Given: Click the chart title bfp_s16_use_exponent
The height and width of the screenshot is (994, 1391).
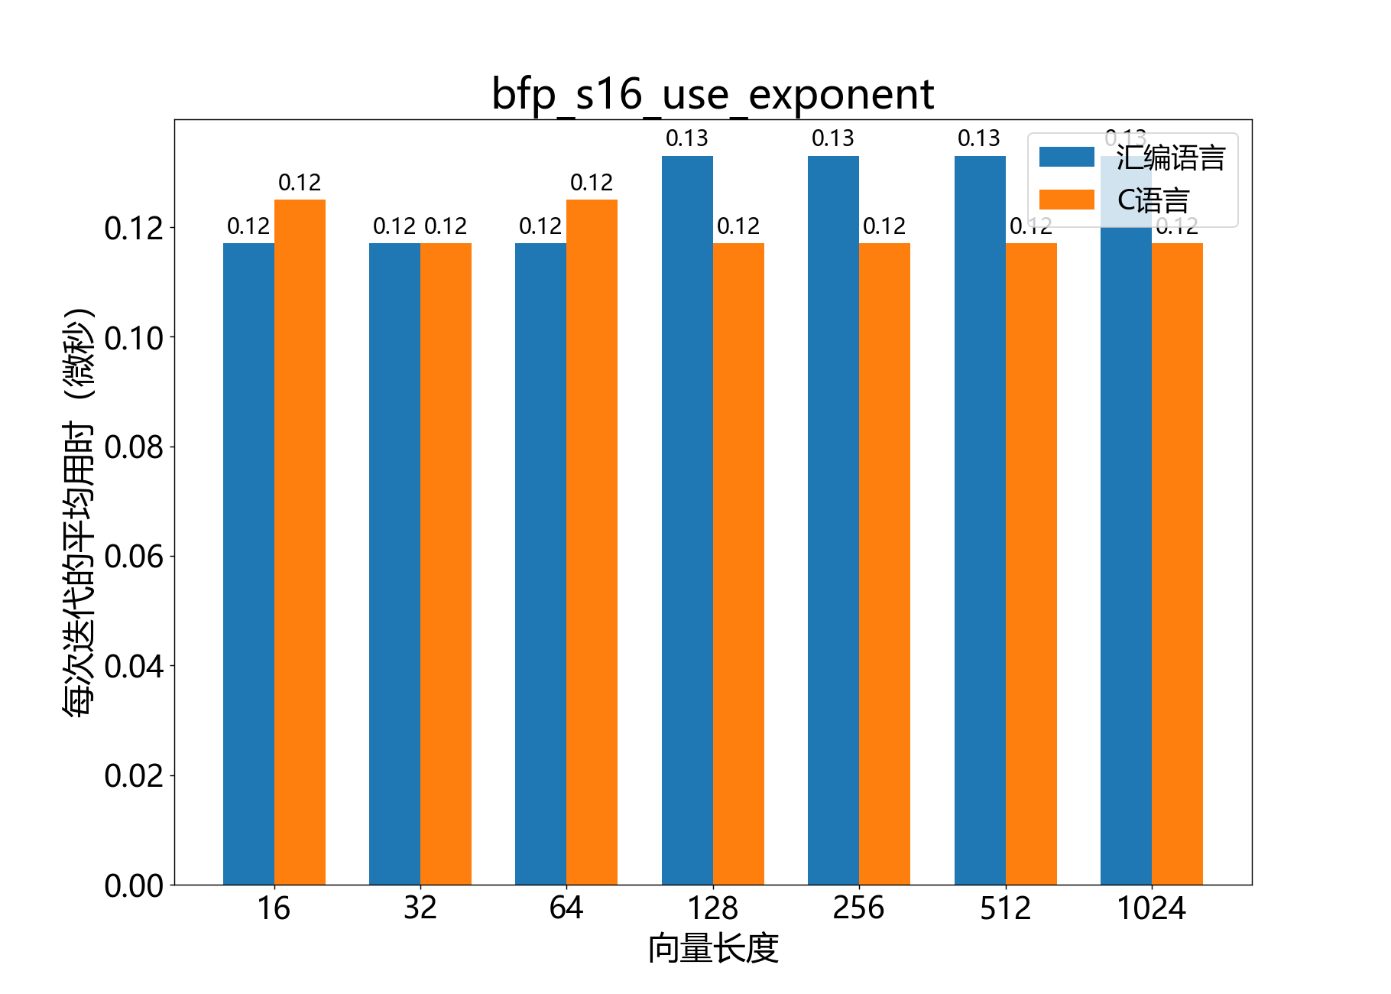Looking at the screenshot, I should click(712, 95).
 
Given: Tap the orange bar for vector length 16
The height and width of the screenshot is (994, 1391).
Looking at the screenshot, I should click(300, 542).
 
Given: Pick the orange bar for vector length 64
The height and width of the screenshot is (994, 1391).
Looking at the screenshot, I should click(592, 542).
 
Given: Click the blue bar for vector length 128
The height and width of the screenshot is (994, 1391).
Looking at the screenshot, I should click(687, 520).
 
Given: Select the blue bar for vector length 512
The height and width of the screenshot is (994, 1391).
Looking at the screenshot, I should click(980, 520).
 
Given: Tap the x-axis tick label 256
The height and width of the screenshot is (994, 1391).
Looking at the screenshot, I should click(858, 908).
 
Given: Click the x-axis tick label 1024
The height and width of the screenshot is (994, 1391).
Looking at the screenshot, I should click(1151, 908).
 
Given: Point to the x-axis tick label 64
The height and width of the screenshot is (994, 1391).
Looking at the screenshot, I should click(566, 908).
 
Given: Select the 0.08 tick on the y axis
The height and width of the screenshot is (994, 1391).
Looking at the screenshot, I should click(134, 447).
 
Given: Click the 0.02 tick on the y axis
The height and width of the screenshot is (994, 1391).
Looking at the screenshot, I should click(134, 776).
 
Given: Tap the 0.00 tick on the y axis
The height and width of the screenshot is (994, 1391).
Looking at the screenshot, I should click(134, 886).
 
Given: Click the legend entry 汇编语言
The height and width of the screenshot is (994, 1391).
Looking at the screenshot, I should click(1170, 158).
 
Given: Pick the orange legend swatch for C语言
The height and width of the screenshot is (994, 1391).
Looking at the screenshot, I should click(1067, 200).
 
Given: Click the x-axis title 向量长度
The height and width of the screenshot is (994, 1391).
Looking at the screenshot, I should click(713, 949).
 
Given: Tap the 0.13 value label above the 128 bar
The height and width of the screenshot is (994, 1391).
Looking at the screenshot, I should click(686, 138).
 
